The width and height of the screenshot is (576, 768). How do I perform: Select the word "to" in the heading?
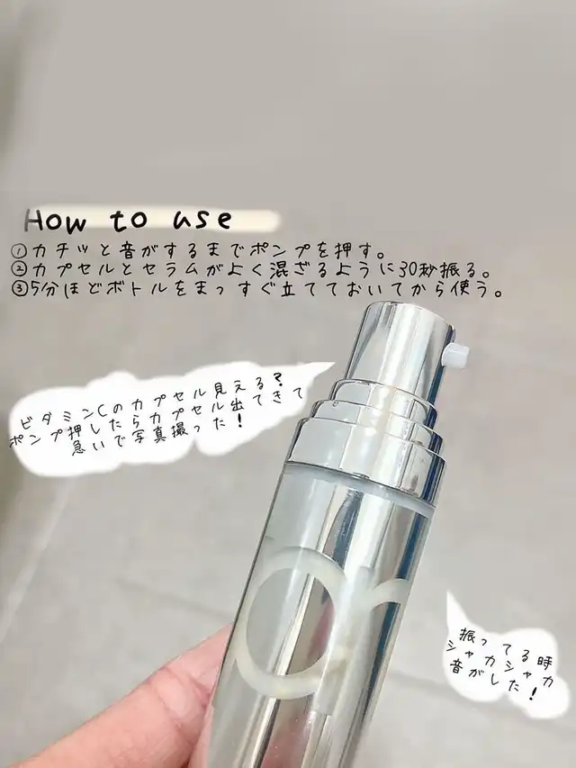129,220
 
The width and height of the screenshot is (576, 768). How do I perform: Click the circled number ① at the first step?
20,253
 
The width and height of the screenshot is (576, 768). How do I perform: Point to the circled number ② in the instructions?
20,270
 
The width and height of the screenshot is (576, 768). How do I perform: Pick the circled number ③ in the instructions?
20,288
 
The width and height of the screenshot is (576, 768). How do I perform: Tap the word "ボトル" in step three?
135,289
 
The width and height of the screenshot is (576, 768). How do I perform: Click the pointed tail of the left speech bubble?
333,364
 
